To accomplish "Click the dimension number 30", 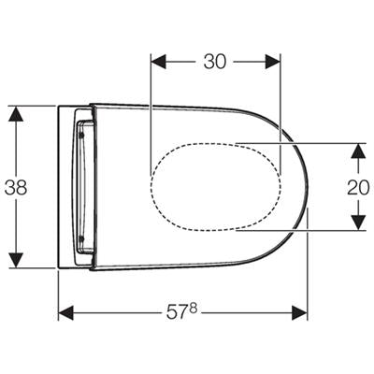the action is pos(215,62).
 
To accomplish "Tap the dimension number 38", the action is pos(16,188).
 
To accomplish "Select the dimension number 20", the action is pos(358,187).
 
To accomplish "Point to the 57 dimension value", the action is pos(177,312).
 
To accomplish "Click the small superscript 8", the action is pos(194,309).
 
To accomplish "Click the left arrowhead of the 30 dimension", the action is pos(158,62).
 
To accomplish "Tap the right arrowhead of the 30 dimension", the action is pos(273,62).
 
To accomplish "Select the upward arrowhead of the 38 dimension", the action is pos(16,113).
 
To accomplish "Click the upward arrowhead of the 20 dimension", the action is pos(358,151).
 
